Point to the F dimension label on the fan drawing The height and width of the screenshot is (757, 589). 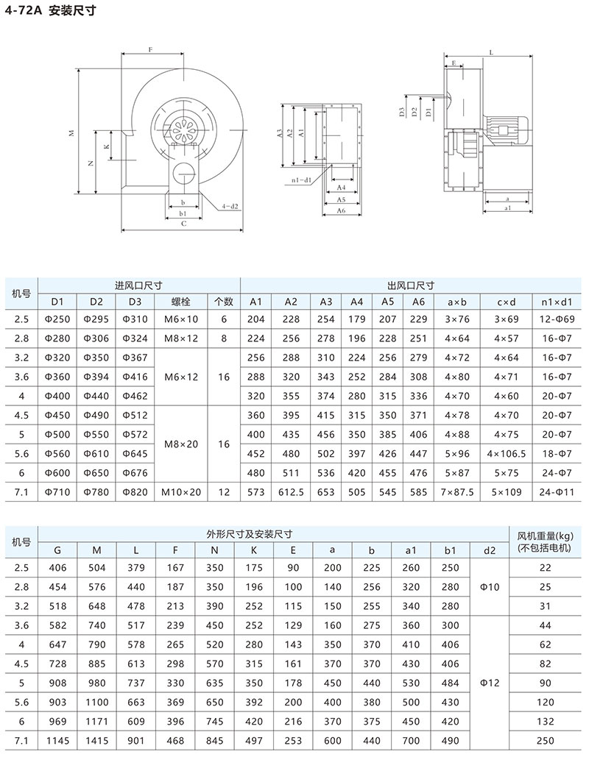[x=150, y=49]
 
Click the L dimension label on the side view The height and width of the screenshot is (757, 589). [x=491, y=52]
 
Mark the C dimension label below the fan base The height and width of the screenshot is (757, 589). [x=183, y=223]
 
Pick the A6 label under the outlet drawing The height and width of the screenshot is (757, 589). [x=340, y=211]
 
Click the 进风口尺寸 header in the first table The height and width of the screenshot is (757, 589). [x=138, y=285]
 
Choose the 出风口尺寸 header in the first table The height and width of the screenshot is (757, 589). [x=410, y=285]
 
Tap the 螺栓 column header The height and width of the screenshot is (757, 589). [x=180, y=302]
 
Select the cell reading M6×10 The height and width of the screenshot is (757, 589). [x=180, y=319]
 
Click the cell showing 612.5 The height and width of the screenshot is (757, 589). [x=291, y=491]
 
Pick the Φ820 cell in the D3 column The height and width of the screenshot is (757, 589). [x=133, y=491]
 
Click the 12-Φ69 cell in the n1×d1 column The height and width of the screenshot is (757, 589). [x=556, y=319]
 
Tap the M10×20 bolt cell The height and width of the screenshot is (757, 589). [x=180, y=491]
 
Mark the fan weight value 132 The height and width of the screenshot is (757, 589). [x=545, y=722]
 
